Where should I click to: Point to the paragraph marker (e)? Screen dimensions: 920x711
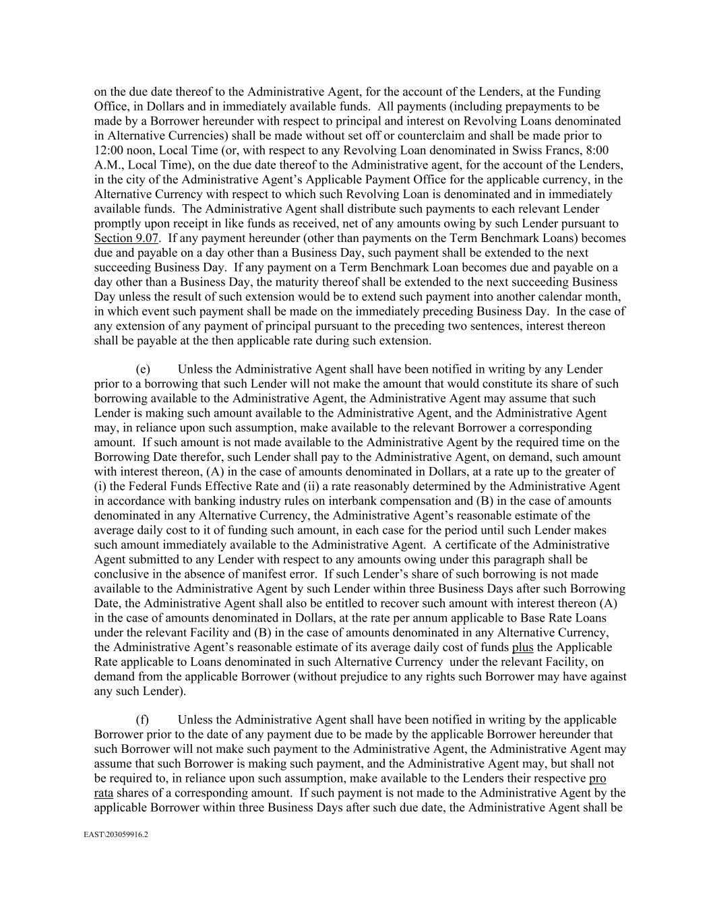[x=143, y=369]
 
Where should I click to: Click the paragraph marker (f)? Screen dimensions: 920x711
[x=142, y=720]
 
